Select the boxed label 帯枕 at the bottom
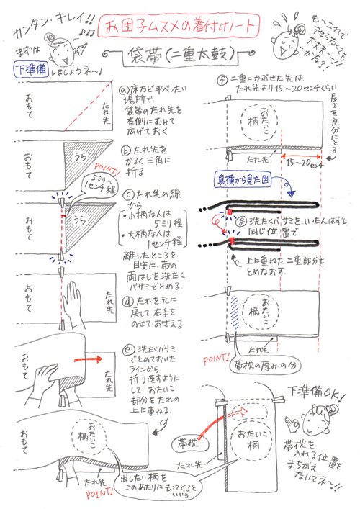point(193,438)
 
